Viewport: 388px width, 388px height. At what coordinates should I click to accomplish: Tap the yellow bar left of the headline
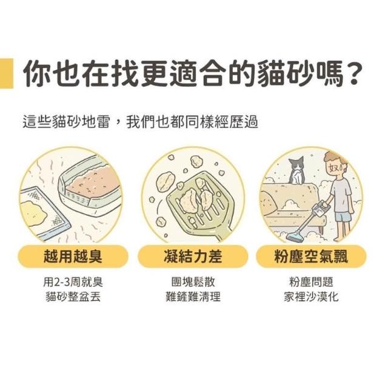7,73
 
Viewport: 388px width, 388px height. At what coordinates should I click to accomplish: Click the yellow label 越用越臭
73,256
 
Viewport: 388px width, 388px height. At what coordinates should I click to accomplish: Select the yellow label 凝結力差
193,256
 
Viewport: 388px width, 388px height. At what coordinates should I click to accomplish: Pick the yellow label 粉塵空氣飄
311,256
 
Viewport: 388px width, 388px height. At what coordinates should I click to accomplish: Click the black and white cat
296,171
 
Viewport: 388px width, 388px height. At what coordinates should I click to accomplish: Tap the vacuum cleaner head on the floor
296,237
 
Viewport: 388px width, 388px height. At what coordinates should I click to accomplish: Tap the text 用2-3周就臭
73,282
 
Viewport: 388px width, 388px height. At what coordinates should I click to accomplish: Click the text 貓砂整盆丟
73,296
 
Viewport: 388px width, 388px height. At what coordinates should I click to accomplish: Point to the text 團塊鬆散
193,282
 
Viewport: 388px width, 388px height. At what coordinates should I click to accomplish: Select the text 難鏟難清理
193,296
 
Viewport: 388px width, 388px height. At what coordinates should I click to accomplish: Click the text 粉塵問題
311,282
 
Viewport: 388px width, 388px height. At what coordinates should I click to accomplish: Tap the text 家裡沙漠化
311,296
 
